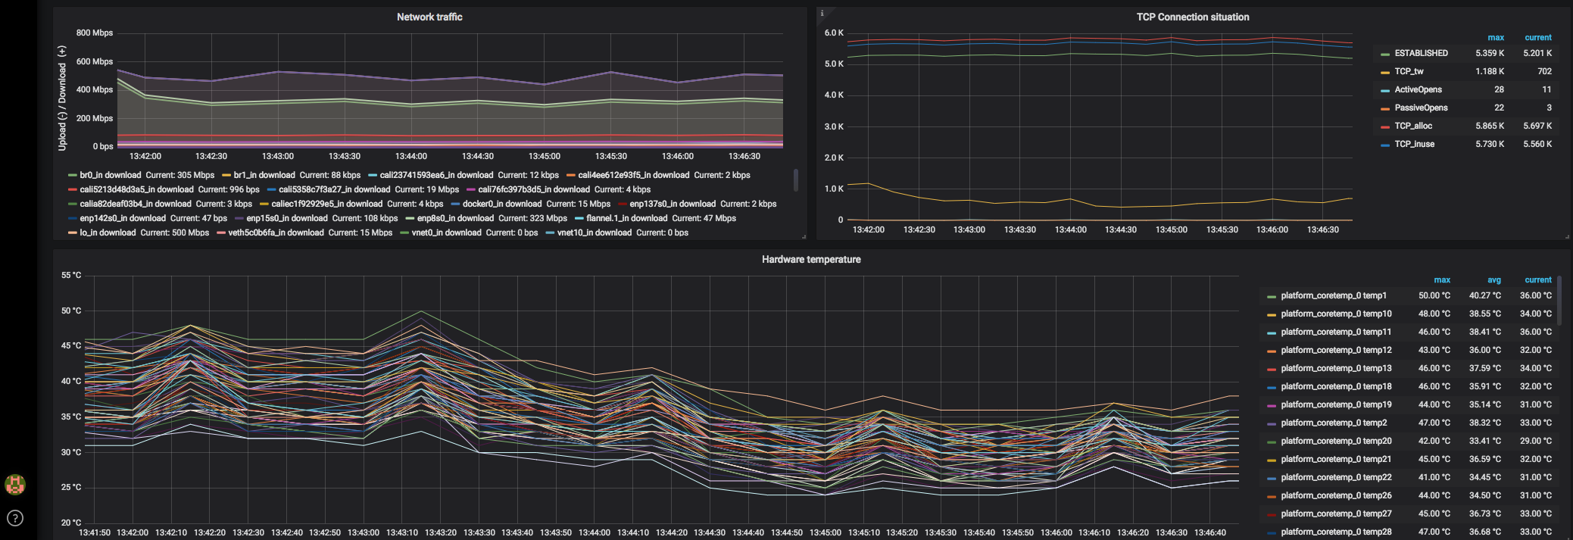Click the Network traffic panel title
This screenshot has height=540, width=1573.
coord(429,17)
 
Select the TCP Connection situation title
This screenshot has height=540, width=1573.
coord(1192,17)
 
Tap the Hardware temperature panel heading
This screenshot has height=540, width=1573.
coord(811,259)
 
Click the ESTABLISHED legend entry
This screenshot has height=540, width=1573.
coord(1421,53)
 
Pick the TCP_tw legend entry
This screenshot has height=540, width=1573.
coord(1409,71)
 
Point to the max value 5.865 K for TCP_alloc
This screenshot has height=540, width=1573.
coord(1489,126)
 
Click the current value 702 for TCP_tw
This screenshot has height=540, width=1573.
coord(1544,71)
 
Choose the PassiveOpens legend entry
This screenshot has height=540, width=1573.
coord(1421,108)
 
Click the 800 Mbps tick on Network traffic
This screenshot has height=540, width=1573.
coord(95,33)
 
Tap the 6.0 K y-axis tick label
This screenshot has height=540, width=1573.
coord(834,33)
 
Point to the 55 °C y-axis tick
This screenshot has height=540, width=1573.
coord(71,275)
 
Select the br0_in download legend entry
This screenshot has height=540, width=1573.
coord(110,175)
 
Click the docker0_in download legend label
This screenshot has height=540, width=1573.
coord(501,204)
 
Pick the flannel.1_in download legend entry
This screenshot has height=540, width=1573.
coord(626,218)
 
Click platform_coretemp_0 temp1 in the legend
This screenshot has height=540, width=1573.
coord(1333,295)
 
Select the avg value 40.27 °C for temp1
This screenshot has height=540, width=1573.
coord(1484,295)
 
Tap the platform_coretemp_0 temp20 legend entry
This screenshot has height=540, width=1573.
coord(1336,441)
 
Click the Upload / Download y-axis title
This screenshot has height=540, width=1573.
coord(62,98)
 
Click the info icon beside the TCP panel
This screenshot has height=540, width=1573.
coord(822,14)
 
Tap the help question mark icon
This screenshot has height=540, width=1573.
coord(15,518)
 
